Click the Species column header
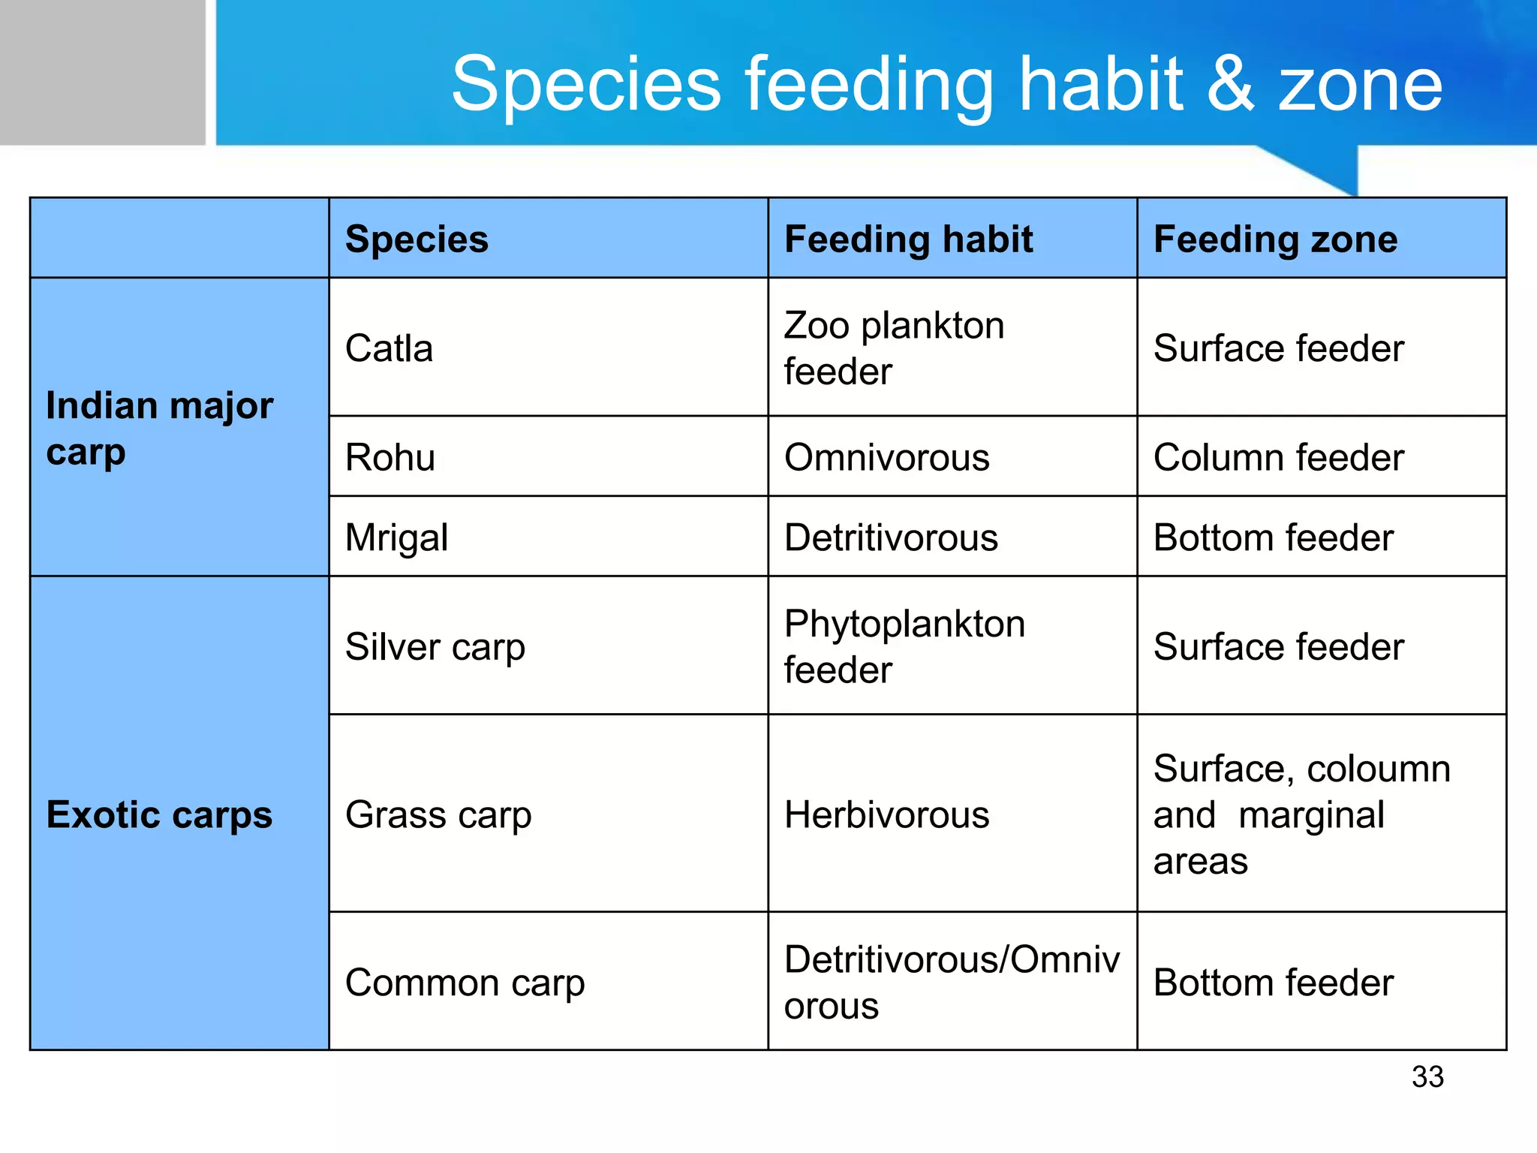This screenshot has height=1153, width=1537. click(x=417, y=239)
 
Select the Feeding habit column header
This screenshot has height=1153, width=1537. click(x=908, y=239)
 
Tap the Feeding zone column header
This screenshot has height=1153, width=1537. click(x=1275, y=239)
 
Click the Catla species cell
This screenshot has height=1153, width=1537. click(x=389, y=348)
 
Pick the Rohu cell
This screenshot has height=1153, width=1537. click(x=390, y=457)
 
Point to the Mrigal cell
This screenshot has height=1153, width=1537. click(x=396, y=537)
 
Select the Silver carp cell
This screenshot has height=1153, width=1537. click(x=435, y=646)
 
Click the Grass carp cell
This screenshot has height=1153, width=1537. click(x=438, y=814)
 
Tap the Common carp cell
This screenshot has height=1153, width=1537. click(x=465, y=983)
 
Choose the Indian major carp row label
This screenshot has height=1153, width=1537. click(x=159, y=428)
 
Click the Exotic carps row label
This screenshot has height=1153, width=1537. click(x=159, y=814)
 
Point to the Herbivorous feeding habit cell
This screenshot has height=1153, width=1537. click(x=886, y=814)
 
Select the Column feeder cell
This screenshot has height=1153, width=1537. click(x=1278, y=457)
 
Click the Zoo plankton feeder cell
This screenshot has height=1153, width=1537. click(x=893, y=348)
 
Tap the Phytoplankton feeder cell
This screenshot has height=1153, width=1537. click(x=904, y=646)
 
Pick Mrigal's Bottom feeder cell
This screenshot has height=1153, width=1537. click(x=1273, y=537)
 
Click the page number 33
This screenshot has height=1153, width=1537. click(x=1427, y=1076)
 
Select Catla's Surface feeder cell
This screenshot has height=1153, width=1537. click(x=1278, y=348)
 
